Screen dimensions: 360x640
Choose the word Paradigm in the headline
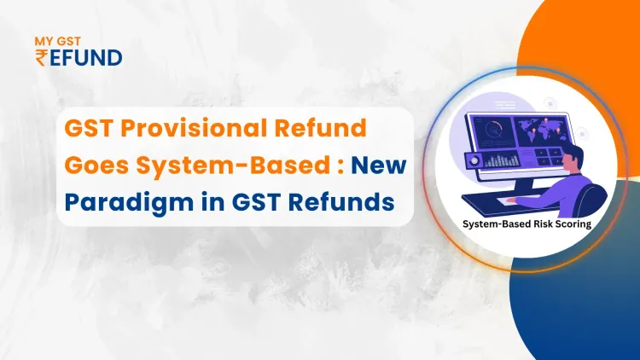point(131,203)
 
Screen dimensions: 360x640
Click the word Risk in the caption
point(531,225)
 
